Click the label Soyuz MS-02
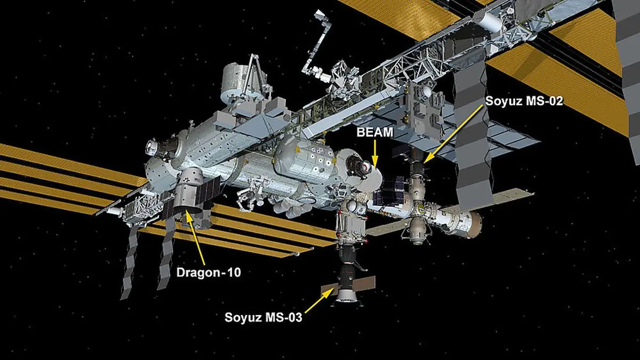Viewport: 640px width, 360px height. tap(524, 101)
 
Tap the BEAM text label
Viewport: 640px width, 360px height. tap(375, 132)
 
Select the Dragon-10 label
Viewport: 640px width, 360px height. tap(209, 273)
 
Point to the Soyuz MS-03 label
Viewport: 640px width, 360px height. tap(263, 317)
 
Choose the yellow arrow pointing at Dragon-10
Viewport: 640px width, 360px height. tap(195, 238)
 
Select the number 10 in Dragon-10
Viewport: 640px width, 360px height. tap(234, 273)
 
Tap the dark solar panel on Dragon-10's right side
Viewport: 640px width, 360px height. tap(209, 189)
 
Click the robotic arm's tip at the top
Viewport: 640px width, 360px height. tap(318, 14)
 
